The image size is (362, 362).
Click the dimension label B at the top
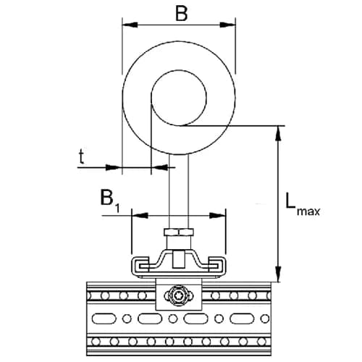(x=181, y=14)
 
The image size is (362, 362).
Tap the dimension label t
(x=82, y=156)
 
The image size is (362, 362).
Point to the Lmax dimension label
(x=303, y=204)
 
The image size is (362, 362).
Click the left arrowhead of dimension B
(x=130, y=25)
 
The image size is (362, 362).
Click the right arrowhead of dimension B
(x=227, y=25)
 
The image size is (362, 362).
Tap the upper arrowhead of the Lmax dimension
(x=279, y=133)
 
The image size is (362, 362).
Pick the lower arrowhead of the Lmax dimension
(x=279, y=274)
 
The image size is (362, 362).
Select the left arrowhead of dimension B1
(x=140, y=216)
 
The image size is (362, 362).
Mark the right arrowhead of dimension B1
(x=217, y=216)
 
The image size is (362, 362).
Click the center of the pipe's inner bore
(x=179, y=98)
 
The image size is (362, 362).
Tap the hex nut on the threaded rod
(x=179, y=232)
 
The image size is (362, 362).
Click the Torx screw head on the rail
(x=179, y=295)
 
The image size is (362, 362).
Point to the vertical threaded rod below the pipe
(x=179, y=191)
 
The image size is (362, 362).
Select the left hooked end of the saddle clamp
(x=140, y=266)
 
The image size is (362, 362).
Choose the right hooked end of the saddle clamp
(x=217, y=266)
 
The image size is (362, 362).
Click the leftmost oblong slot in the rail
(x=103, y=319)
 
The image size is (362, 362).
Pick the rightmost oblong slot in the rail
(x=241, y=319)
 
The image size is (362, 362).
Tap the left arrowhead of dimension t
(x=113, y=167)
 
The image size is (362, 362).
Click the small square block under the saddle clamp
(x=178, y=259)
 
